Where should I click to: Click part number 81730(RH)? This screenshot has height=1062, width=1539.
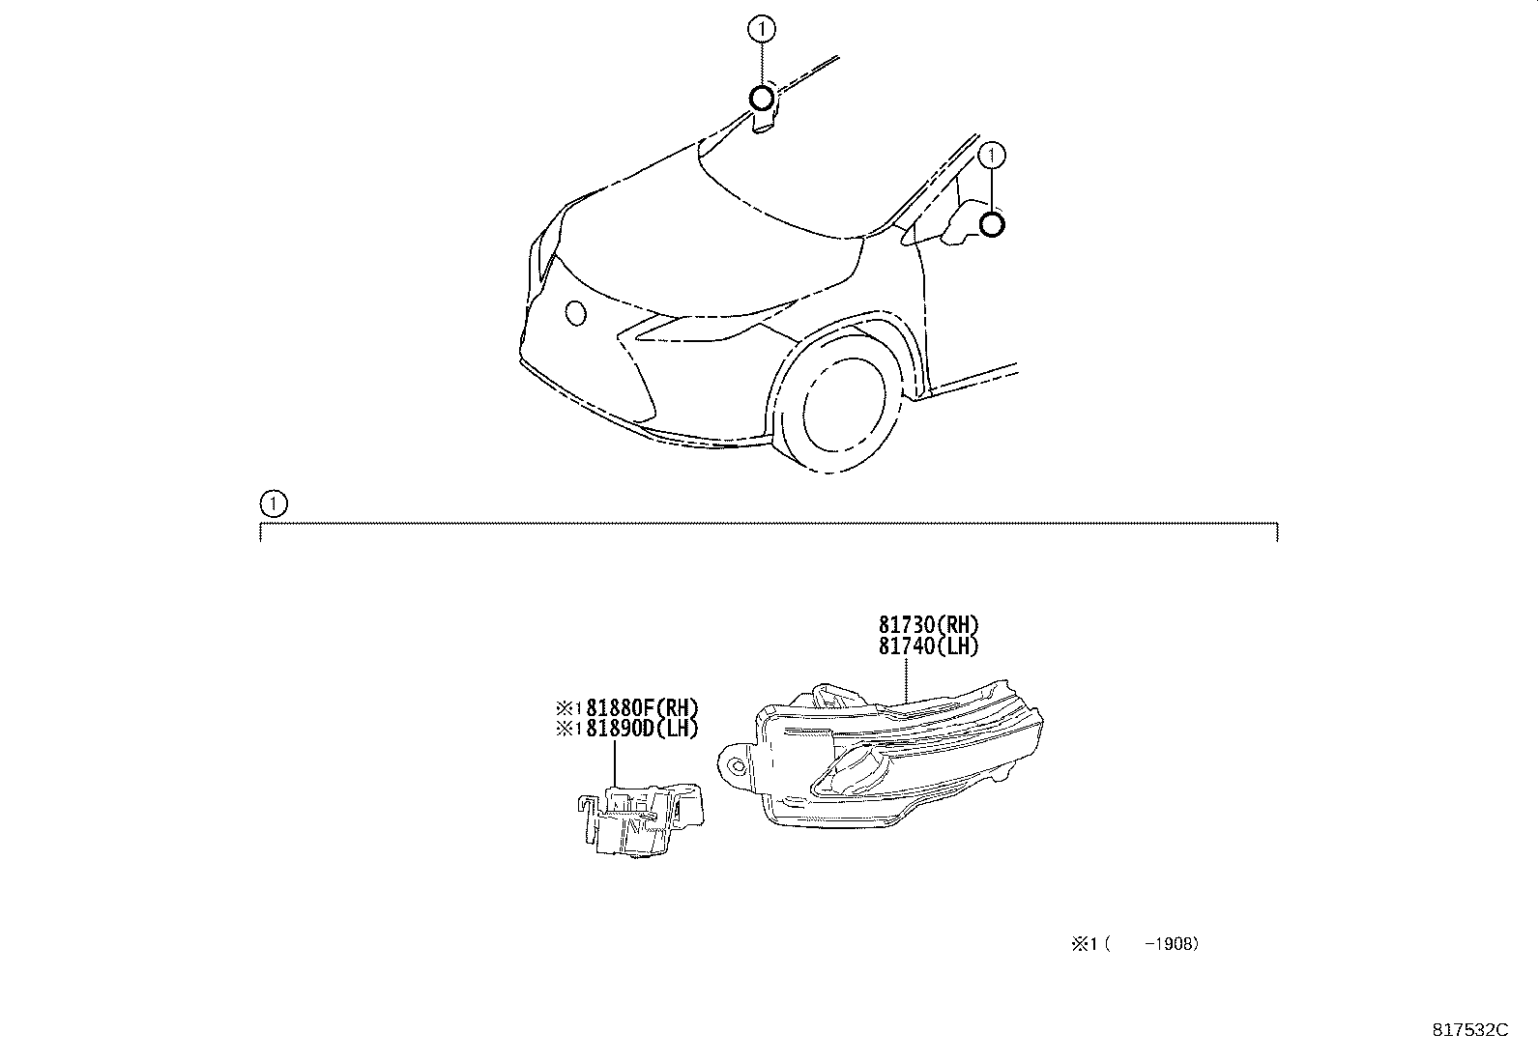[928, 624]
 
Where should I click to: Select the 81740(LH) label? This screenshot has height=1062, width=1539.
[928, 646]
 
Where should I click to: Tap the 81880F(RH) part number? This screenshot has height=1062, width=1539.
[642, 707]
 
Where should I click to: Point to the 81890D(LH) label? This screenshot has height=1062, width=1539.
[642, 729]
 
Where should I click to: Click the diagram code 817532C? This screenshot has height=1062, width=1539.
[1470, 1030]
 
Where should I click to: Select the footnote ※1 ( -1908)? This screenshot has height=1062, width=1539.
[1135, 944]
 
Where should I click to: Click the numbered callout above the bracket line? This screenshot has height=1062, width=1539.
[274, 503]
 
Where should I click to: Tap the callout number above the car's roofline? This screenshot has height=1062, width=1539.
[762, 29]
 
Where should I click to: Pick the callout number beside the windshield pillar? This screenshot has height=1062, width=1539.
[992, 156]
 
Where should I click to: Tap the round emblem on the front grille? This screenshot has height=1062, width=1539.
[576, 313]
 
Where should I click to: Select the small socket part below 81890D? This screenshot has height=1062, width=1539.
[641, 819]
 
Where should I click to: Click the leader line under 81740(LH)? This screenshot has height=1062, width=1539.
[906, 680]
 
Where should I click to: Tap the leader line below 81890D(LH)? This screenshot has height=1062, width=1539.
[614, 761]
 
